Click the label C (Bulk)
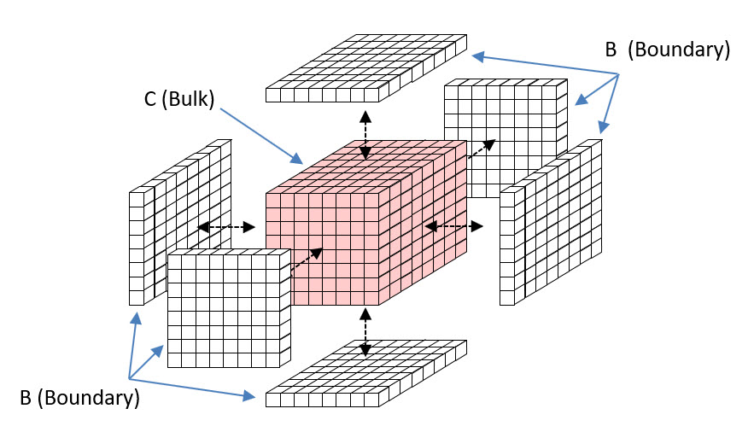click(179, 97)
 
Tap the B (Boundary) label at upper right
click(667, 50)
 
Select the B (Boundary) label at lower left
click(79, 397)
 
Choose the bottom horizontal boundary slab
click(367, 376)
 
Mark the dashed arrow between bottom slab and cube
click(365, 332)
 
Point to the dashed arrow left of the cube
click(226, 227)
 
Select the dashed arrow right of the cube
click(453, 226)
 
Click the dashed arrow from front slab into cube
click(307, 259)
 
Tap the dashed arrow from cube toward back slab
click(482, 149)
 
